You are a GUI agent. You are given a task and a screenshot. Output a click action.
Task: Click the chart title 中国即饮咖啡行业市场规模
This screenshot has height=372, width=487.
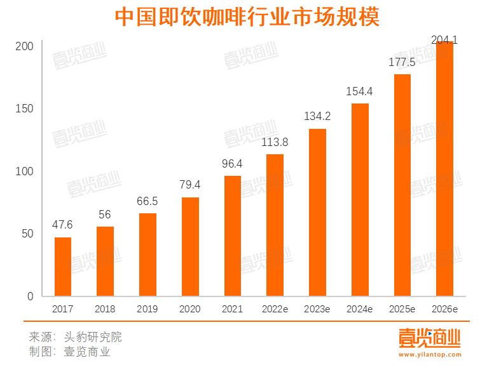(247, 17)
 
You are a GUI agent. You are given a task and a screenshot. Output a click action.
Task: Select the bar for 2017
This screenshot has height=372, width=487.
(63, 267)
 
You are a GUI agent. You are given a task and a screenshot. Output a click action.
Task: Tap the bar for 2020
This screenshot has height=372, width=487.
(190, 247)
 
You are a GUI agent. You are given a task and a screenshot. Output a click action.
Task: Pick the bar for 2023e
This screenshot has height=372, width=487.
(317, 213)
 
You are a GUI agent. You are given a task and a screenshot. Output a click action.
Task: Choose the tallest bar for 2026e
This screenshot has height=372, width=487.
(444, 169)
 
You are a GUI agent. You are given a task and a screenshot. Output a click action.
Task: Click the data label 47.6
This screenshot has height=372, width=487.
(63, 225)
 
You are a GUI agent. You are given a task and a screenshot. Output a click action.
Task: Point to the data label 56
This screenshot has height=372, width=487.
(105, 215)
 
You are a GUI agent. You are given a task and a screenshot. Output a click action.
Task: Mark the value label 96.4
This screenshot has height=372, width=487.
(232, 164)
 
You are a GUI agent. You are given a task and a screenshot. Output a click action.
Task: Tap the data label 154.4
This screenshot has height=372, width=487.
(359, 91)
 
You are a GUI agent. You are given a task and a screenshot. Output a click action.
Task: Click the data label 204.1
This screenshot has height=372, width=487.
(444, 40)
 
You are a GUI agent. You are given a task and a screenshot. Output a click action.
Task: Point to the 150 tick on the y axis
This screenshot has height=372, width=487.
(25, 109)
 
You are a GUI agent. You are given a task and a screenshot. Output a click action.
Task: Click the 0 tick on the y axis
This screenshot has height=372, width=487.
(30, 296)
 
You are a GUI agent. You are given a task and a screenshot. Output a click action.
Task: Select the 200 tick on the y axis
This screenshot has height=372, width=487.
(25, 47)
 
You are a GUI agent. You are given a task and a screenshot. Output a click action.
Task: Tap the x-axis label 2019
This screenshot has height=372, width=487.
(147, 309)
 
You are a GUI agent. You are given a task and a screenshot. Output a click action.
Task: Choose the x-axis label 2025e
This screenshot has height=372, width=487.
(402, 309)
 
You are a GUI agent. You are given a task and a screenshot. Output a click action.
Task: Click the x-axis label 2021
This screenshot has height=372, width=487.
(232, 309)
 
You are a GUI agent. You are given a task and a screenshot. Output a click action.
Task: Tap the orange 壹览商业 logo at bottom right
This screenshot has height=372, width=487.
(429, 338)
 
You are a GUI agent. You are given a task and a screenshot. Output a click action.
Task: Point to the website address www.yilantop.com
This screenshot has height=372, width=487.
(429, 355)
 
